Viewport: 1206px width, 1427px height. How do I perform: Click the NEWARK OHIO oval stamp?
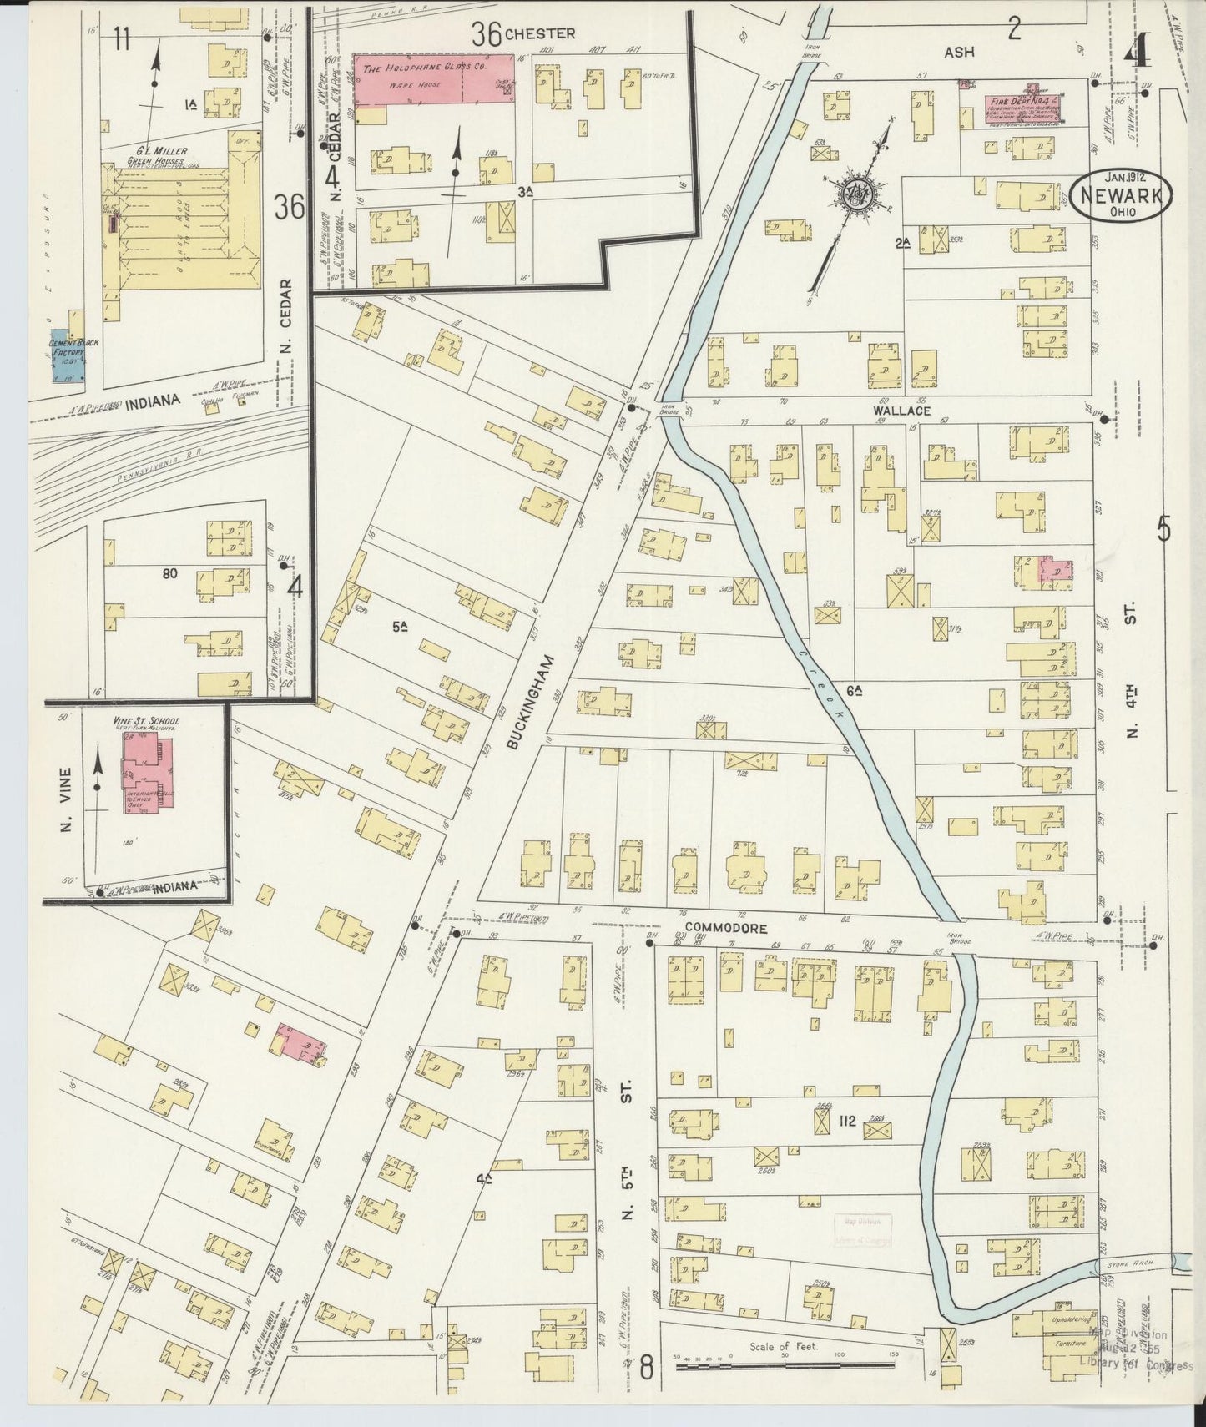[x=1123, y=197]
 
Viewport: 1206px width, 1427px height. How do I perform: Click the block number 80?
[x=174, y=574]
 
